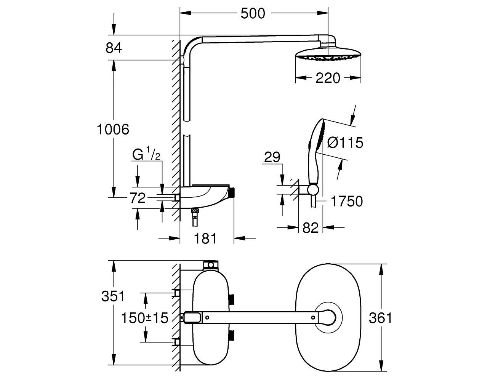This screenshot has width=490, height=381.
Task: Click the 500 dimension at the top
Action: pos(253,14)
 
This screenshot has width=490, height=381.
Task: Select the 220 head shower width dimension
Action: pos(328,78)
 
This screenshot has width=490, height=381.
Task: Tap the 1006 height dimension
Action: pos(113,130)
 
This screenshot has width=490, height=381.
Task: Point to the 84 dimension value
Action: pos(114,48)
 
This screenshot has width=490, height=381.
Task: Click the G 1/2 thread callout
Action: pos(146,153)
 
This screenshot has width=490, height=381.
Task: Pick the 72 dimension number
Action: pos(138,198)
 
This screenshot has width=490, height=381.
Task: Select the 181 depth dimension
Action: pos(205,238)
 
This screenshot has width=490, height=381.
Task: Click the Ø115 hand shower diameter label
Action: pos(345,143)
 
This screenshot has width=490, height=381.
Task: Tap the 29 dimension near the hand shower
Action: pos(272,157)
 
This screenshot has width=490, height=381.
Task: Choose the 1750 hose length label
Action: pos(347,201)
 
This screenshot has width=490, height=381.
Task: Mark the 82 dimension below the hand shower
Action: pos(310,228)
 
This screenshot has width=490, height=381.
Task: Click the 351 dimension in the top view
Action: pos(113,296)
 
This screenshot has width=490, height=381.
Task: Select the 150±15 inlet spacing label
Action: pos(145,318)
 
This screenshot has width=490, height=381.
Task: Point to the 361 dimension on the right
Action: pos(380,318)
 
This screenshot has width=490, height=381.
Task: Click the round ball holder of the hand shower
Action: pos(313,189)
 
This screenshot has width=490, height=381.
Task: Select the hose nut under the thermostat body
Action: pos(195,211)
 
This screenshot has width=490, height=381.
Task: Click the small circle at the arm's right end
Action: pos(313,317)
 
